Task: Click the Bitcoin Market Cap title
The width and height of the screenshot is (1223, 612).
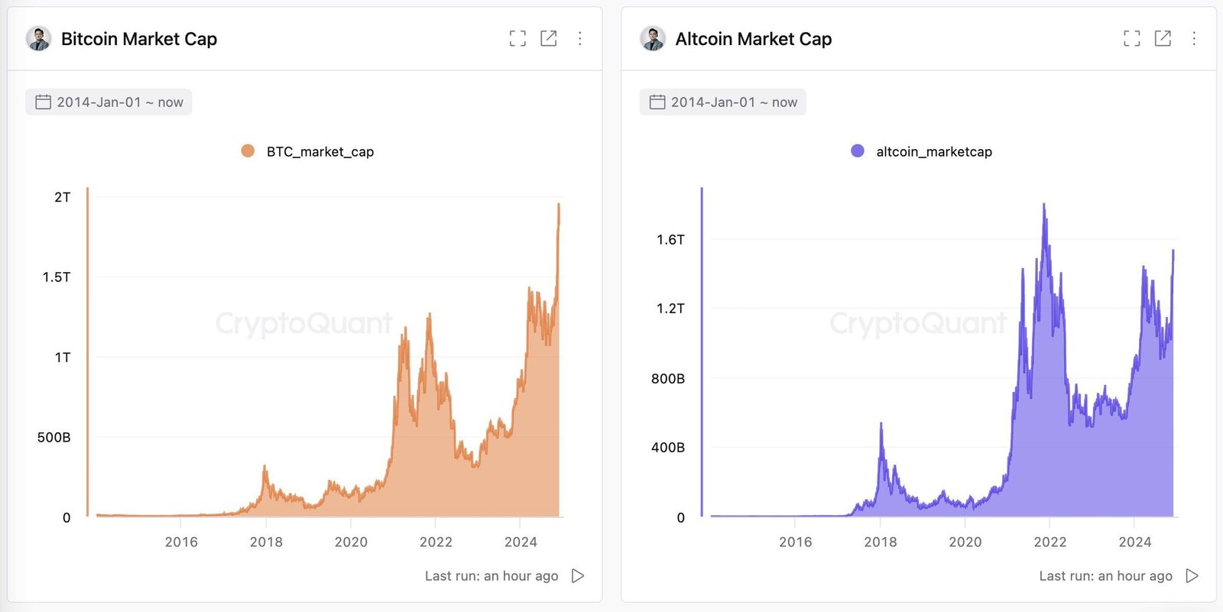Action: coord(138,39)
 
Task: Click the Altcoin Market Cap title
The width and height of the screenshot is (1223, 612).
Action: coord(753,39)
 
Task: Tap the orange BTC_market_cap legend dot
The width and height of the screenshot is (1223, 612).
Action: coord(248,151)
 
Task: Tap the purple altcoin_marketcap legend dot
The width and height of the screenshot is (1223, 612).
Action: coord(858,151)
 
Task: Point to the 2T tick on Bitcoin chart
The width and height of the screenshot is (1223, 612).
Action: coord(62,197)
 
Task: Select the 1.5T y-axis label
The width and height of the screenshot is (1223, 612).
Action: coord(57,277)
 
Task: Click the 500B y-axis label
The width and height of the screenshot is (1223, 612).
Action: coord(54,438)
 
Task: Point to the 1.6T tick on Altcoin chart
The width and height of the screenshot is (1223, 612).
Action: coord(670,240)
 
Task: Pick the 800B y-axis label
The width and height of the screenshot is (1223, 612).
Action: coord(668,379)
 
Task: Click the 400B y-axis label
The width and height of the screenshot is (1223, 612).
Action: coord(668,448)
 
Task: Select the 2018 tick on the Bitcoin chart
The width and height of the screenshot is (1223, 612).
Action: coord(266,542)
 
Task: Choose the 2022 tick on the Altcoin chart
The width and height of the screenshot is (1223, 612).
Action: coord(1049,542)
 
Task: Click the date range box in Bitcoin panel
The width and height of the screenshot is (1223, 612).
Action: coord(109,102)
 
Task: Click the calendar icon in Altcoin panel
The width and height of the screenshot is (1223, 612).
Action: coord(657,102)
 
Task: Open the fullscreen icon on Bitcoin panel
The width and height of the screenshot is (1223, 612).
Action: coord(517,38)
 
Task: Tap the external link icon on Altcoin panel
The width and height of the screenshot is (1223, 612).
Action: coord(1163,38)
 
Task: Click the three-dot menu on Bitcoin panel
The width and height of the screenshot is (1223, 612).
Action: coord(580,38)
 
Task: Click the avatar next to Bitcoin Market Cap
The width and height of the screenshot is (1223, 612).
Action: coord(38,38)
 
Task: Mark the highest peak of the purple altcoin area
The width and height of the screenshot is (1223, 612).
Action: coord(1044,205)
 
